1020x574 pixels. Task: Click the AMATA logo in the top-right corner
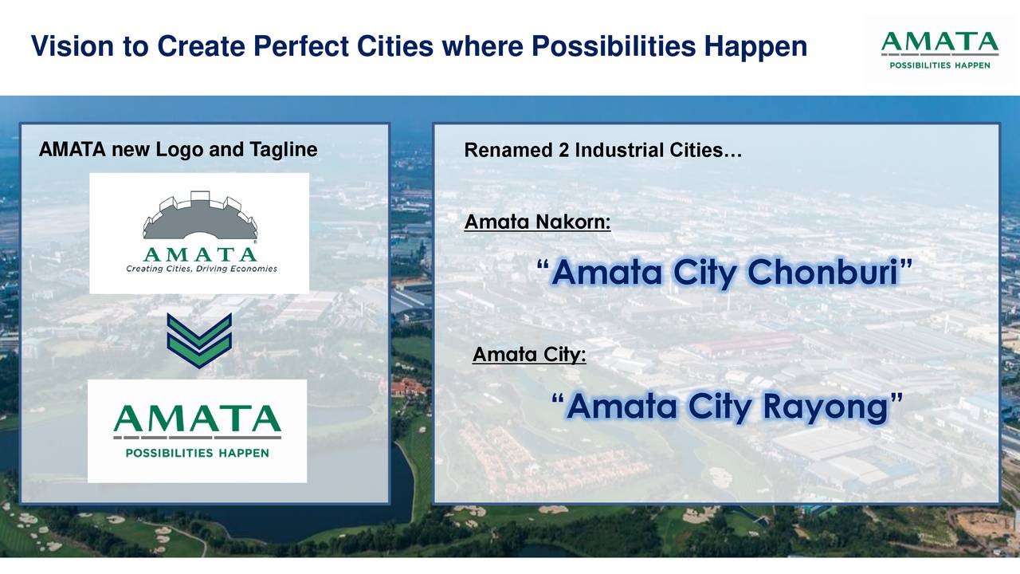[940, 49]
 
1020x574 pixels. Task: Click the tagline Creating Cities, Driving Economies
[201, 269]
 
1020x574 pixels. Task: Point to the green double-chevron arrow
[199, 340]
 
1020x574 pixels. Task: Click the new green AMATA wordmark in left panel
[197, 419]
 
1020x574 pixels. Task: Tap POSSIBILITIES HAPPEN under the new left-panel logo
[197, 453]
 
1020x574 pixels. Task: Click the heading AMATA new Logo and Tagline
[178, 150]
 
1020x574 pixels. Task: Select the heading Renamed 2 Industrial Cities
[602, 151]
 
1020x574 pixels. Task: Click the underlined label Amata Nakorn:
[537, 222]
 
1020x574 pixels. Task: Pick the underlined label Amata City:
[529, 354]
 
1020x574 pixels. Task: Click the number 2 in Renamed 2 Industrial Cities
[563, 151]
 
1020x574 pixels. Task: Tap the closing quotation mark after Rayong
[896, 399]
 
